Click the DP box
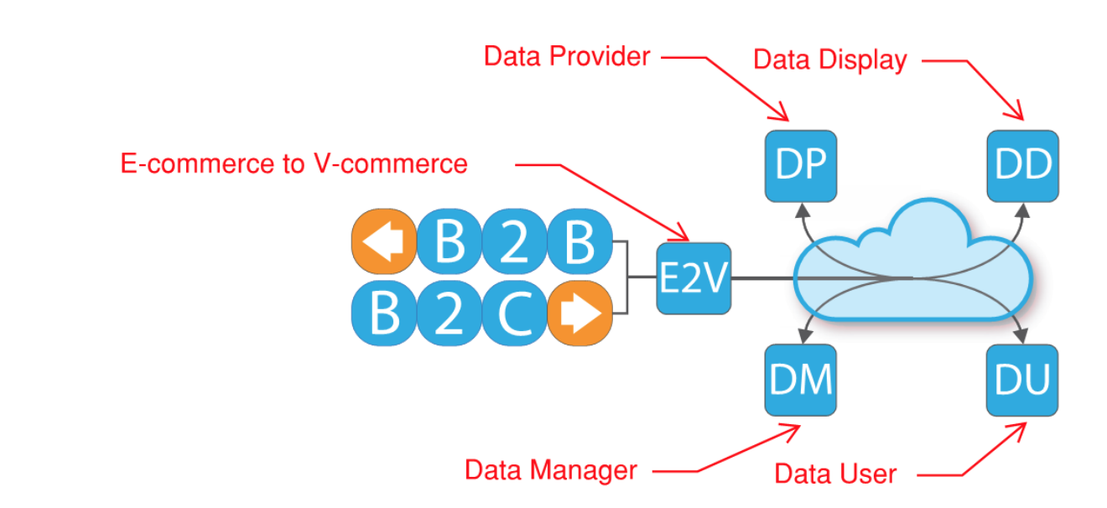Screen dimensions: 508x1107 point(801,166)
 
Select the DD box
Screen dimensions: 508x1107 point(1022,166)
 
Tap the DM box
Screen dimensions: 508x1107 point(801,380)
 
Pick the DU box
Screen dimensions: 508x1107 point(1022,380)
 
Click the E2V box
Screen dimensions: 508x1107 point(693,278)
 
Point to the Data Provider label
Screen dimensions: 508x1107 point(567,56)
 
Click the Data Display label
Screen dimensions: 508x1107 point(829,60)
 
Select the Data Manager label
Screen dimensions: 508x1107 point(551,470)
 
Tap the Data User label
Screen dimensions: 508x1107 point(834,474)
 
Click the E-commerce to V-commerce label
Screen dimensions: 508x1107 point(294,163)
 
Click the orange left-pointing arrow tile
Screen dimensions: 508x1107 point(382,241)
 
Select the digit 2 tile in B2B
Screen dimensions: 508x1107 point(515,241)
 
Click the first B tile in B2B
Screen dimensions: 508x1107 point(450,241)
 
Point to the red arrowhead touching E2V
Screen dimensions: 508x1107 point(682,234)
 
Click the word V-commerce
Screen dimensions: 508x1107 point(399,163)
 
